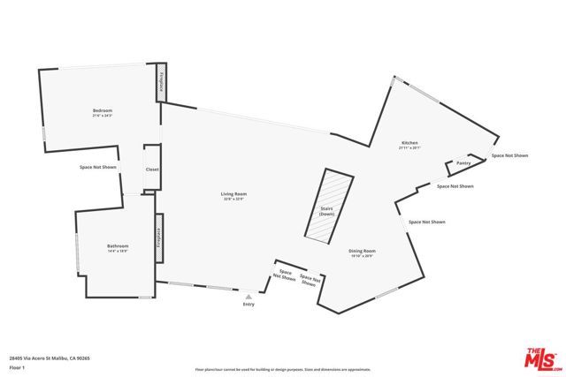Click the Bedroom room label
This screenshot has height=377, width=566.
[x=103, y=110]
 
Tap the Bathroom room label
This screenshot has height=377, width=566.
[x=119, y=245]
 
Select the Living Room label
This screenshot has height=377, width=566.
[x=234, y=193]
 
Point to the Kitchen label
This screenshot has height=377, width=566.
[x=409, y=143]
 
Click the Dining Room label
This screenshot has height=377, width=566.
[x=363, y=251]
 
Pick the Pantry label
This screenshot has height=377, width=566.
[x=463, y=163]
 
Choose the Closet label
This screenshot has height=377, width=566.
[x=152, y=169]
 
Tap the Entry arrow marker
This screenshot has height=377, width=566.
[x=249, y=297]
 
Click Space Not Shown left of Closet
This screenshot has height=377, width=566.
[x=98, y=167]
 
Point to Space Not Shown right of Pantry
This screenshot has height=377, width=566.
[x=510, y=155]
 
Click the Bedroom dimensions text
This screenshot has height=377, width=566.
[x=103, y=116]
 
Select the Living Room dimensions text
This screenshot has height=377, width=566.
[x=234, y=199]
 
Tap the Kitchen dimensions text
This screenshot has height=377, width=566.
[x=409, y=148]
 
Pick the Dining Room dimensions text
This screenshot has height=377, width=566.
[x=363, y=256]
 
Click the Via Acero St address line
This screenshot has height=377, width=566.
[x=50, y=358]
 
